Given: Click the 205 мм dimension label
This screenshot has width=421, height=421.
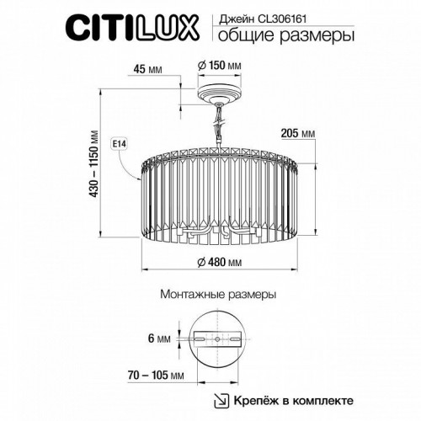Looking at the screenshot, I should [x=296, y=133].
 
